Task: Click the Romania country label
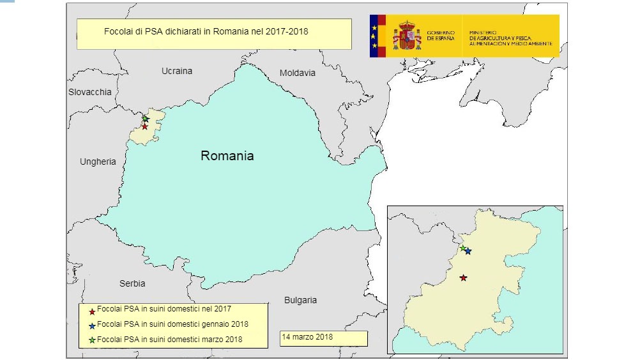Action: tap(227, 156)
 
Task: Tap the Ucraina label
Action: tap(177, 71)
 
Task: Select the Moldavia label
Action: tap(297, 73)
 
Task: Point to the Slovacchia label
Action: tap(89, 92)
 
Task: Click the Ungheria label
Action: tap(98, 161)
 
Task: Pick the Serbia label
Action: tap(132, 283)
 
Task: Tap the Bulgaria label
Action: tap(300, 300)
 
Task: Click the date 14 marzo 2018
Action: tap(307, 336)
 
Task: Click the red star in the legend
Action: tap(92, 311)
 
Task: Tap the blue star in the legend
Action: tap(92, 325)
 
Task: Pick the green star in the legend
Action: tap(92, 339)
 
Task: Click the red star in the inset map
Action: tap(463, 278)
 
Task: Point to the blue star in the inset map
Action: tap(468, 251)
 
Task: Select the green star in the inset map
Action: tap(462, 248)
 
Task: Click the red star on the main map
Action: tap(145, 126)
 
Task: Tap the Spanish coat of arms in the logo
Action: tap(407, 36)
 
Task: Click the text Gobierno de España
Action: tap(441, 35)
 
